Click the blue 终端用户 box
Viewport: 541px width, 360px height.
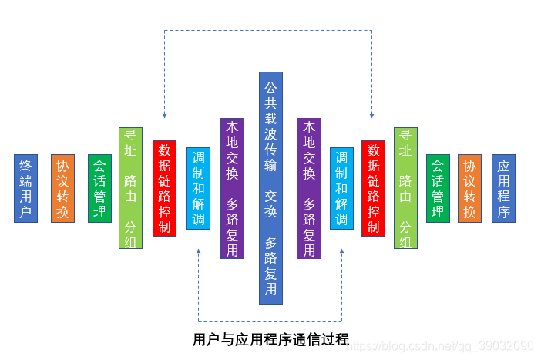[25, 188]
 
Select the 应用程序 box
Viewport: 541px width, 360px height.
[503, 188]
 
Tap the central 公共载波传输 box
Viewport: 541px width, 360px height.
[270, 188]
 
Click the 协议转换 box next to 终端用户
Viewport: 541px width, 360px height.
[62, 188]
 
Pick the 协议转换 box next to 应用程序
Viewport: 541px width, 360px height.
[469, 188]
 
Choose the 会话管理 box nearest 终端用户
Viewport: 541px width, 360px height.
[99, 188]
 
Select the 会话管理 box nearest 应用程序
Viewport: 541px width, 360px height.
[438, 188]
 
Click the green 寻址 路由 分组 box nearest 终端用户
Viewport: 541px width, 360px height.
[130, 188]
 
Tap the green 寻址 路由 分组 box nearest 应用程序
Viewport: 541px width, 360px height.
[405, 188]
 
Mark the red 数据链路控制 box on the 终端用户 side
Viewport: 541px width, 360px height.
[164, 188]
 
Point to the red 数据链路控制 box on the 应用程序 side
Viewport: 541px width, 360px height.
[373, 188]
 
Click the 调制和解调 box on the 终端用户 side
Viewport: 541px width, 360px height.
[198, 188]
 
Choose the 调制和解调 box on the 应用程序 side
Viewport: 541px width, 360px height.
[341, 188]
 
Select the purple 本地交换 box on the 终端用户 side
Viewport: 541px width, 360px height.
[232, 188]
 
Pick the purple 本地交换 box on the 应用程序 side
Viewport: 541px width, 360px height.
[309, 188]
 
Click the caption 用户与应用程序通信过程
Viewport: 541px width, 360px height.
[270, 339]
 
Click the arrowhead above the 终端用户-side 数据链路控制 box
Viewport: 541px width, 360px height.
[164, 115]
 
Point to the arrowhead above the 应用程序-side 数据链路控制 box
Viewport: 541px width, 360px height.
[372, 115]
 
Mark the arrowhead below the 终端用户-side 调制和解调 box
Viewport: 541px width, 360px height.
[199, 252]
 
